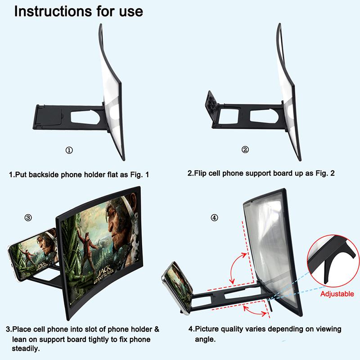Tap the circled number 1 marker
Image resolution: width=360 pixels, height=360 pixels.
pos(69,150)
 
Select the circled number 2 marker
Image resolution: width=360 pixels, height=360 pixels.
pos(245,150)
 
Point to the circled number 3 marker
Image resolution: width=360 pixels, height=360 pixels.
pos(28,217)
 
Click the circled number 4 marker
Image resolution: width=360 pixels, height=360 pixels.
pos(214,217)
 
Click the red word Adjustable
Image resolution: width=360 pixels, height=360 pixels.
pos(337,294)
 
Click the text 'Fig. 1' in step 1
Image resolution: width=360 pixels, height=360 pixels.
pos(139,175)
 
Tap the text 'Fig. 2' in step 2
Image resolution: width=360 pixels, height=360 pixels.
pos(325,173)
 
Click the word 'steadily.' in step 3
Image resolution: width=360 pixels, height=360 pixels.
pos(26,348)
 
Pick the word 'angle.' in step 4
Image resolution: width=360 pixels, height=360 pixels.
pos(205,339)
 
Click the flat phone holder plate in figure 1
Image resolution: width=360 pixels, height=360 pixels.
pos(48,117)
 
